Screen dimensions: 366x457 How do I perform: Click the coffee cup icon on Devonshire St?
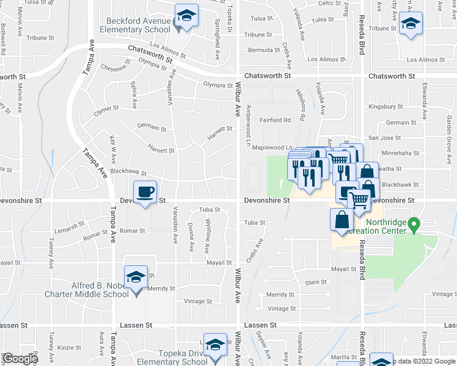tap(145, 193)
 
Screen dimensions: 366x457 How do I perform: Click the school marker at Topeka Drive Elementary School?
tap(214, 346)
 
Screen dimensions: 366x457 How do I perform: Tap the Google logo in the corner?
tap(20, 359)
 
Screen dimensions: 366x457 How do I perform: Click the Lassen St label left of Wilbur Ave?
tap(136, 326)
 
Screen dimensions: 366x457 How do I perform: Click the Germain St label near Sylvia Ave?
tap(152, 127)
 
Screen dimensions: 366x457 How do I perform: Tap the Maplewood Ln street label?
tap(277, 147)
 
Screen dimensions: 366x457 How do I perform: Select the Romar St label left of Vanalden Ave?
tap(132, 231)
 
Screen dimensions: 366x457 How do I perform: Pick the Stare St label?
tap(316, 282)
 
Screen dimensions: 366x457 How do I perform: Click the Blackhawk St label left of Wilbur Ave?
tap(127, 172)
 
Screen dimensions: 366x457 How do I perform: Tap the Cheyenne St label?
tap(115, 68)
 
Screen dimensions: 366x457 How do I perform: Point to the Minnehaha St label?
tap(400, 154)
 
